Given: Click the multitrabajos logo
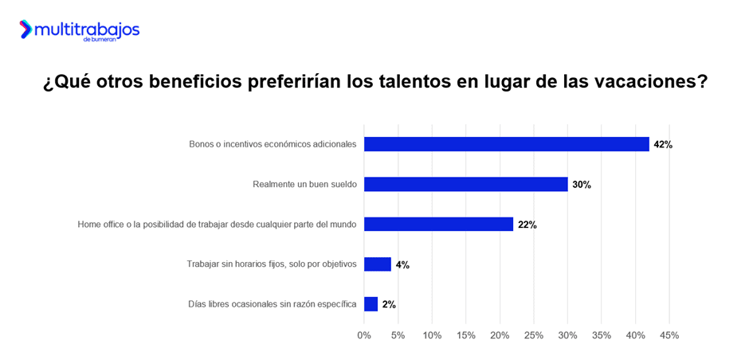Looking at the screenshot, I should (80, 30).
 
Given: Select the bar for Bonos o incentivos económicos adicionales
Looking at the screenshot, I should (507, 144).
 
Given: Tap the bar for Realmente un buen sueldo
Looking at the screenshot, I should (466, 184).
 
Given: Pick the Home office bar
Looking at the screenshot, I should (439, 224).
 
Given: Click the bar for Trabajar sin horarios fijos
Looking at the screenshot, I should (378, 264).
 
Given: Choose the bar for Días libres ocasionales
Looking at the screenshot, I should (371, 304).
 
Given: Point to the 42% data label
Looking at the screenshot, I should (663, 145).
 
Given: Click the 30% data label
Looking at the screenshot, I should (582, 185).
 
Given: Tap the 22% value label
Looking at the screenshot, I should (527, 225).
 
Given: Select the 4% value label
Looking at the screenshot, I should (402, 265).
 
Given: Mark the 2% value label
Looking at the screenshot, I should (389, 305).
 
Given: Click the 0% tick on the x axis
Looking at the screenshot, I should (364, 335).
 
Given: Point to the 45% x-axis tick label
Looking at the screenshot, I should (669, 335).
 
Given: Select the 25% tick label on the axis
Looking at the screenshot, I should (534, 335).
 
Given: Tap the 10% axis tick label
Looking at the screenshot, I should (432, 335).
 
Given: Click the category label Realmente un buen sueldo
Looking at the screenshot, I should (304, 185).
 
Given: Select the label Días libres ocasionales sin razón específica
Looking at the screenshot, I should (273, 304).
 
